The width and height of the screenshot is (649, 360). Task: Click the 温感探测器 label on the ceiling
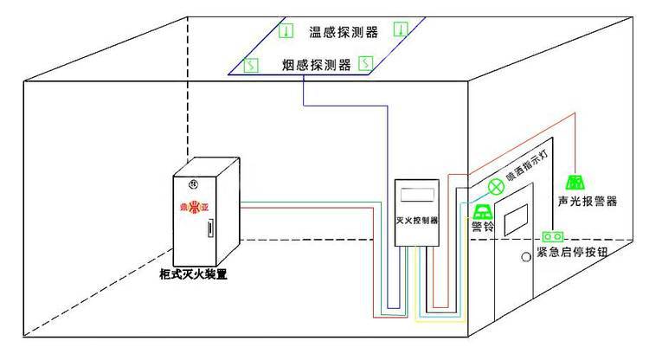pyautogui.click(x=344, y=33)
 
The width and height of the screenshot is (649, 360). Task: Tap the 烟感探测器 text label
pyautogui.click(x=318, y=64)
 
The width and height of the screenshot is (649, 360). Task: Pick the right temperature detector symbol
pyautogui.click(x=400, y=29)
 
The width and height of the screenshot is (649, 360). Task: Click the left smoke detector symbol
pyautogui.click(x=251, y=64)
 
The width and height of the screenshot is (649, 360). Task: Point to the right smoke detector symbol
pyautogui.click(x=364, y=62)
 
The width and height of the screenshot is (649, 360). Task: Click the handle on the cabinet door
pyautogui.click(x=210, y=229)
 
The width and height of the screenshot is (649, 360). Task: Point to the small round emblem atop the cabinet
pyautogui.click(x=194, y=183)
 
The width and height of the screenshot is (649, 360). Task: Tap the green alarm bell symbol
pyautogui.click(x=481, y=211)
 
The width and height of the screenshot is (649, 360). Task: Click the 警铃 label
pyautogui.click(x=482, y=227)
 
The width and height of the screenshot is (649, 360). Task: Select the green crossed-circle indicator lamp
pyautogui.click(x=497, y=185)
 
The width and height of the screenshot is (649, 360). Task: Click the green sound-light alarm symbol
pyautogui.click(x=575, y=182)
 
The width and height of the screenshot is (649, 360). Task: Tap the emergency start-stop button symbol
pyautogui.click(x=553, y=235)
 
